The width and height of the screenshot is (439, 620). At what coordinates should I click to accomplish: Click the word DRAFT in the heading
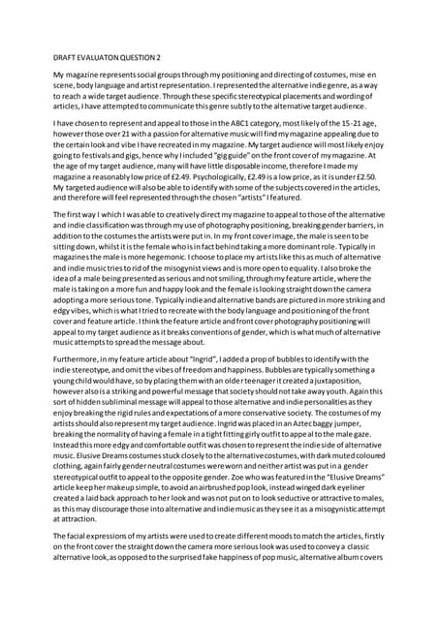tap(66, 55)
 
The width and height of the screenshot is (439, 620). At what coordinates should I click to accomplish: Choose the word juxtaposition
tap(335, 407)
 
